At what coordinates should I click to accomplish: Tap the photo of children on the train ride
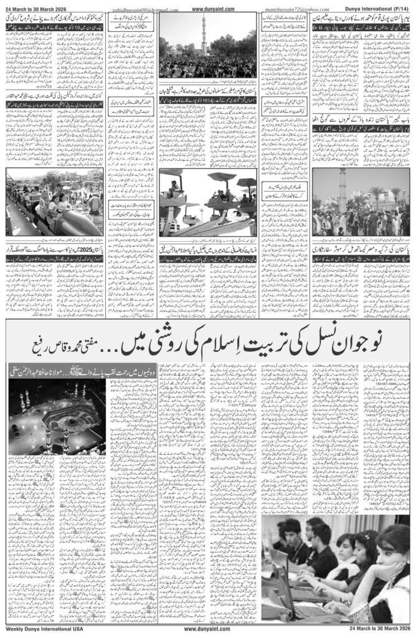click(55, 204)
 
